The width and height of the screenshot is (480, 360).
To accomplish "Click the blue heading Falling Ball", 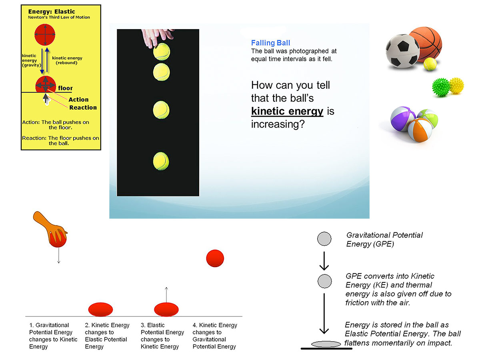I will click(270, 43).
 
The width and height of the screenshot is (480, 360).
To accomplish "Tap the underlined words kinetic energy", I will click(287, 111).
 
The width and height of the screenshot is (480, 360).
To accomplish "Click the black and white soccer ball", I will click(402, 50).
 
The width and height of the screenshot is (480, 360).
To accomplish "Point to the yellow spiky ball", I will click(456, 85).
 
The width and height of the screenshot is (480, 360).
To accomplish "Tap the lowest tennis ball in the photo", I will click(161, 161).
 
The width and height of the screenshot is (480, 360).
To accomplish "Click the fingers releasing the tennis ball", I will click(158, 37).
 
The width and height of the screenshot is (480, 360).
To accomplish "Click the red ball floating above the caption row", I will click(215, 258).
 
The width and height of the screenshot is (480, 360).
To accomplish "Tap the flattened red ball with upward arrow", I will click(166, 309).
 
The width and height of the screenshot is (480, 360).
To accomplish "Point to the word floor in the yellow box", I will click(65, 88).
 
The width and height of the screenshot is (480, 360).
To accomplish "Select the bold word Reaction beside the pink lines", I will click(83, 107).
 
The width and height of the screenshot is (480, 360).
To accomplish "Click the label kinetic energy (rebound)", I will click(67, 60).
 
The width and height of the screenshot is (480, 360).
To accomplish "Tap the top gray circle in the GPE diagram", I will click(324, 239).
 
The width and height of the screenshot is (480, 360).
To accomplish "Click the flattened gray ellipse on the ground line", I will click(326, 344).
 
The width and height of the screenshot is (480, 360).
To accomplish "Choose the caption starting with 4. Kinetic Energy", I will click(215, 336).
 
